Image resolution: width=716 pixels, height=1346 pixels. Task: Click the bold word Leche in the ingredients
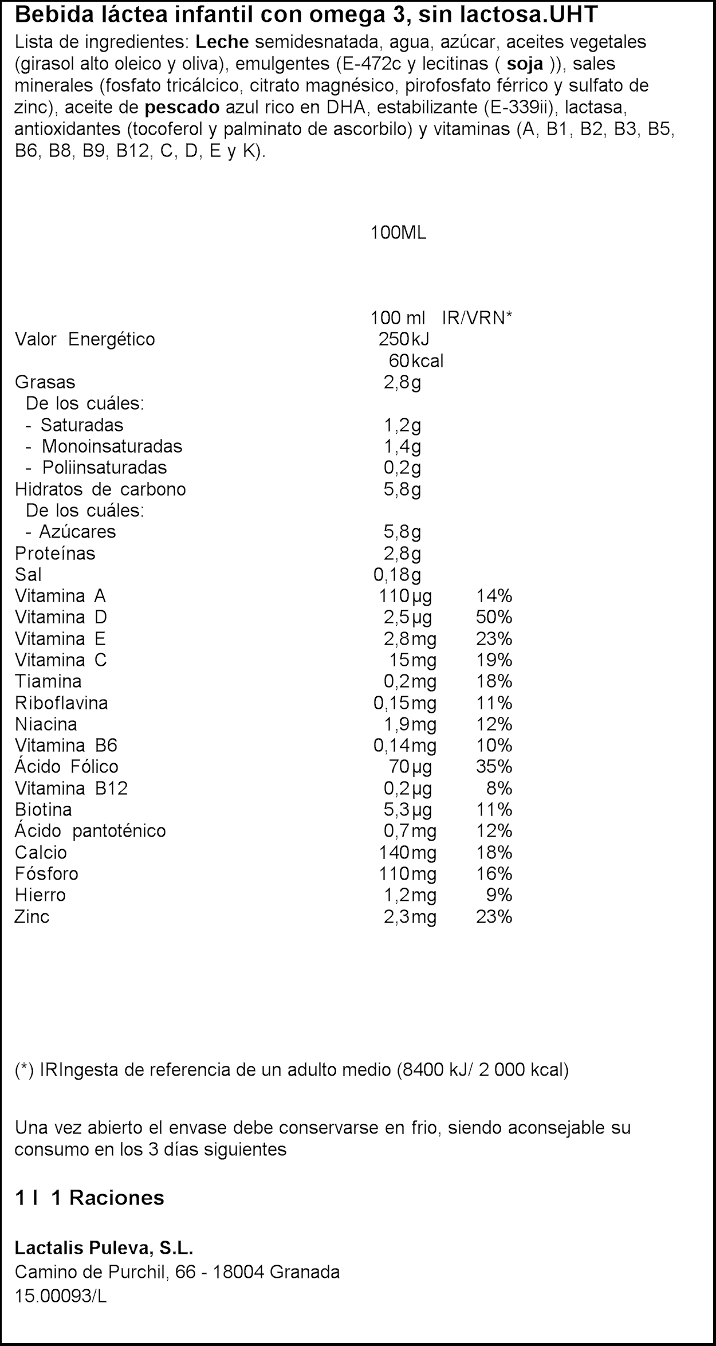[222, 42]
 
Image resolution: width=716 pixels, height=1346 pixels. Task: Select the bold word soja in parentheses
[526, 64]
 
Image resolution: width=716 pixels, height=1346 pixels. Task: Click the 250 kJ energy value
[403, 339]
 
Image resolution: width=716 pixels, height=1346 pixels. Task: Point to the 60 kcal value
[416, 361]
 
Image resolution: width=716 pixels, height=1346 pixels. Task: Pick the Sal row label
[28, 575]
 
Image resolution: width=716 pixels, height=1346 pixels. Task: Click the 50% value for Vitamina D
[494, 617]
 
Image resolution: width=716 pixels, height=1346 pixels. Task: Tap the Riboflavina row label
[61, 703]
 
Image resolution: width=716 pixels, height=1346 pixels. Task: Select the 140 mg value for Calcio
[407, 853]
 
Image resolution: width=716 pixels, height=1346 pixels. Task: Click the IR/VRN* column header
[477, 317]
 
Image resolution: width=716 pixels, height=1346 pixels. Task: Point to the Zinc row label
[32, 917]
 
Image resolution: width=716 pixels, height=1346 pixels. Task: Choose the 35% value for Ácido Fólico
[494, 767]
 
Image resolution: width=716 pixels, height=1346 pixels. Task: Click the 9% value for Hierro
[498, 895]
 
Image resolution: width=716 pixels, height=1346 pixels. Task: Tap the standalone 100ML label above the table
[398, 233]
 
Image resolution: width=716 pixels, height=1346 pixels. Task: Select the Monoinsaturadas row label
[112, 446]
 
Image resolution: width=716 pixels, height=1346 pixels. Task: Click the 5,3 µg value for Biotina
[407, 810]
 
